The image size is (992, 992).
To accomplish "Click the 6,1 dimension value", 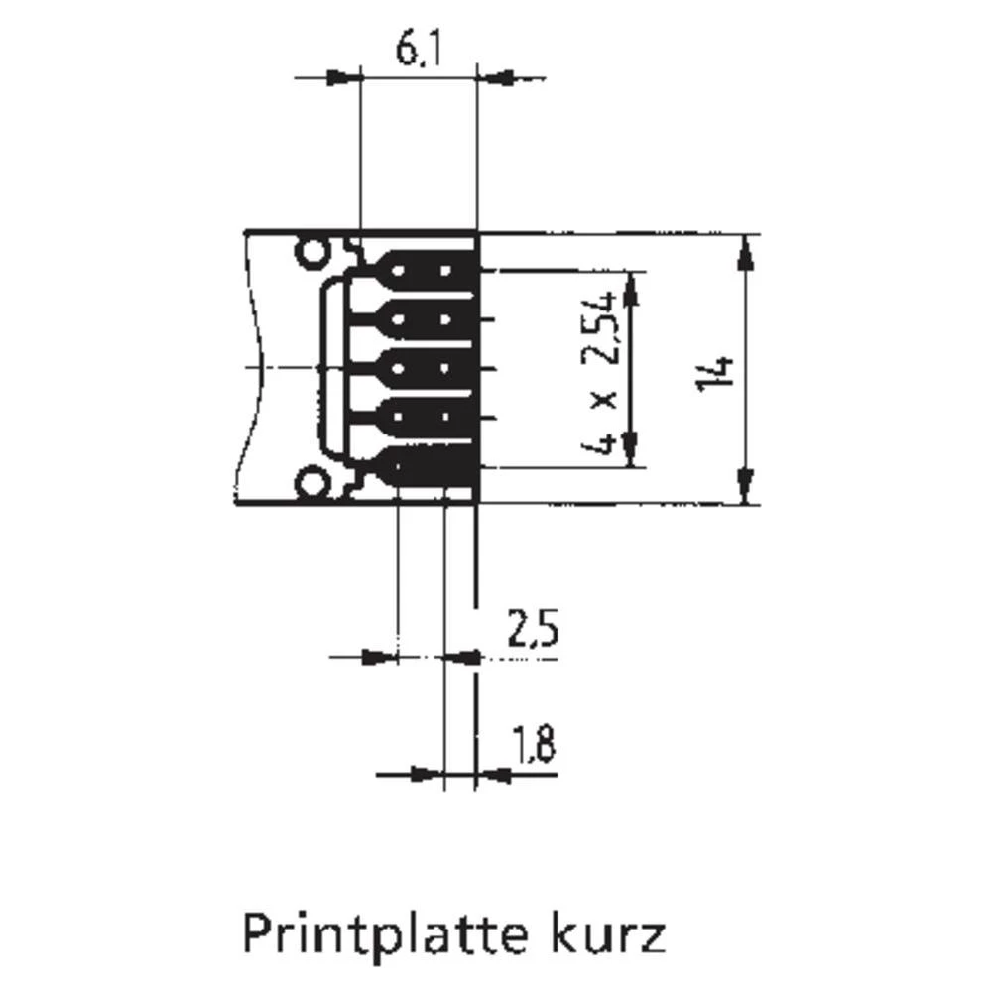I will (417, 50).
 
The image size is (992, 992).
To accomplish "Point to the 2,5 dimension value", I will (532, 630).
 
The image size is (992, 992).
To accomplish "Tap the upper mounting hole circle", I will (313, 253).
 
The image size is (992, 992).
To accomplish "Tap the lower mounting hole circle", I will (313, 484).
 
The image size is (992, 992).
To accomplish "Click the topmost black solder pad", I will (429, 270).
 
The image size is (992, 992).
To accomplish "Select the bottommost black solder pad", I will (429, 466).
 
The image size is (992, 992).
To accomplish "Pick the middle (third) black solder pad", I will (429, 368).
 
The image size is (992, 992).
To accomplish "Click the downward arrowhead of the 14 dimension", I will (744, 489).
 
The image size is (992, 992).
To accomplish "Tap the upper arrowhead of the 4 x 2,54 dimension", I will (630, 285).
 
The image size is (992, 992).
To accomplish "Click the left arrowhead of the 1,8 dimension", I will (427, 774).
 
